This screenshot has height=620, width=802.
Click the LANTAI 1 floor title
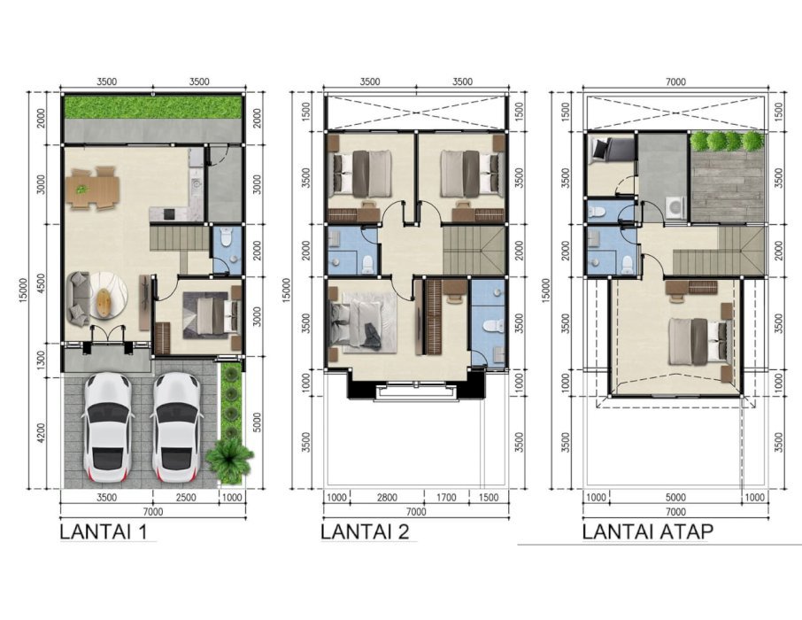coord(104,532)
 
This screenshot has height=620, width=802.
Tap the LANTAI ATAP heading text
coord(648,532)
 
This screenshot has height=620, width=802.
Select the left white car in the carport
coord(108,428)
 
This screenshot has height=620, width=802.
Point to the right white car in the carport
coord(176,428)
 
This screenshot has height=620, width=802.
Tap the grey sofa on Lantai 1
coord(79,298)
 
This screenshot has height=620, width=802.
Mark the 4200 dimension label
coord(41,433)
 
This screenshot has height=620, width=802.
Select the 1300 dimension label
coord(41,360)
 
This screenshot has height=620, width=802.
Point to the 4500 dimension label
coord(41,284)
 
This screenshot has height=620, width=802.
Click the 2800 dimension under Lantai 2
coord(387,497)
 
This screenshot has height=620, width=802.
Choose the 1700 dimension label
coord(446,497)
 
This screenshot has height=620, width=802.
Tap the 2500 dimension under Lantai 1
coord(185,497)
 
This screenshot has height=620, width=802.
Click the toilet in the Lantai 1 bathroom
coord(226,237)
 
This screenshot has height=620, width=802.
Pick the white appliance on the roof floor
coord(675,207)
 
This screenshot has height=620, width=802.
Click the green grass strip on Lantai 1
coord(152,107)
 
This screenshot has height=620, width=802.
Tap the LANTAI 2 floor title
coord(366,532)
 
